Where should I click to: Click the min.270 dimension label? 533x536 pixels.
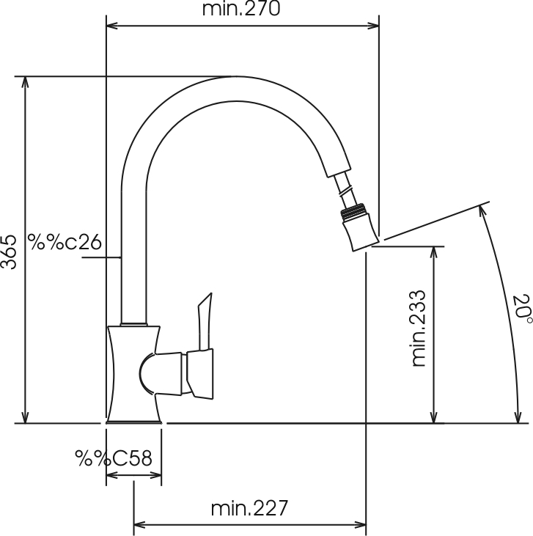coord(241,9)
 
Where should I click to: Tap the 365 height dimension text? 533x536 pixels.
coord(9,252)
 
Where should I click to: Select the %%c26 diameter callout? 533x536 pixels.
coord(65,242)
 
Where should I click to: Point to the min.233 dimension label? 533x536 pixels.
coord(419,328)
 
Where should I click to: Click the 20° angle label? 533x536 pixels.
coord(523,308)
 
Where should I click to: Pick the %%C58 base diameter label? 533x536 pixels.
coord(114,458)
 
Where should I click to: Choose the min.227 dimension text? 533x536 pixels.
coord(249,508)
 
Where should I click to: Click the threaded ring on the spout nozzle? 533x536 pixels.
coord(356,210)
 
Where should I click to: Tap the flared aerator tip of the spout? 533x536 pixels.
coord(361,233)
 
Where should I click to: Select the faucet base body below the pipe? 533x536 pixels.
coord(134,374)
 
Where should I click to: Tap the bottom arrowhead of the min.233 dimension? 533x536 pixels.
coord(433,417)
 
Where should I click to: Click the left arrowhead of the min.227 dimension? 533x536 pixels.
coord(139,525)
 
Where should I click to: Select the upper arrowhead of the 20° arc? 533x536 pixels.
coord(482,211)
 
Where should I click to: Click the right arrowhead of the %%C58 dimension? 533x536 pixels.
coord(155,475)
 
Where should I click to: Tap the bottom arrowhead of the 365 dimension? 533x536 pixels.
coord(25,417)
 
